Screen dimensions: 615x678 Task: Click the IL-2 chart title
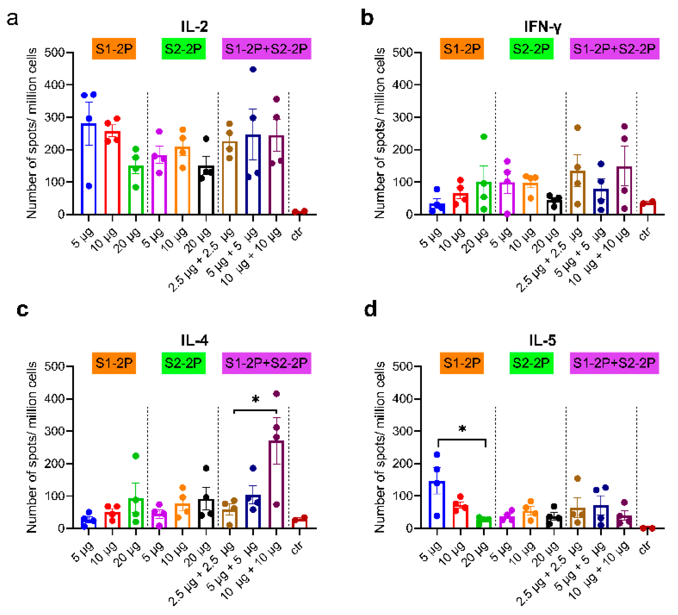click(x=194, y=27)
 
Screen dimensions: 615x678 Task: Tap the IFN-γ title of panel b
click(x=542, y=27)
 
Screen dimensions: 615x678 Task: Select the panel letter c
click(x=22, y=309)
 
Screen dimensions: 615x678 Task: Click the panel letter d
click(x=370, y=309)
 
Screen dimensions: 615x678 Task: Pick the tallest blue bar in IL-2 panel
click(x=89, y=168)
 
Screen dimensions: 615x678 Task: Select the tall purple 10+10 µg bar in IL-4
click(x=276, y=484)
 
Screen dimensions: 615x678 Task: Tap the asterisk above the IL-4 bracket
click(x=256, y=400)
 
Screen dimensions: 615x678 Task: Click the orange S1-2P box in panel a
click(x=114, y=49)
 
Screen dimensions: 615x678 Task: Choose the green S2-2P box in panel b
click(x=531, y=49)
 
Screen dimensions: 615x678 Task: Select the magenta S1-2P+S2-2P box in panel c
click(x=266, y=363)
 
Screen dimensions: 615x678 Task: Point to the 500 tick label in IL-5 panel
click(x=403, y=366)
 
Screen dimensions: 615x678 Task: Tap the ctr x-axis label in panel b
click(x=645, y=234)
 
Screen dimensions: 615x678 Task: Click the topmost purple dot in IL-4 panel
click(x=276, y=394)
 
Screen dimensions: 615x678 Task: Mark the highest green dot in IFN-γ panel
click(x=484, y=137)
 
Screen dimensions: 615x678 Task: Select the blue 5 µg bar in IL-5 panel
click(x=437, y=505)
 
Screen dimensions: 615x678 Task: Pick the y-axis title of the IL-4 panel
click(x=32, y=448)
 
